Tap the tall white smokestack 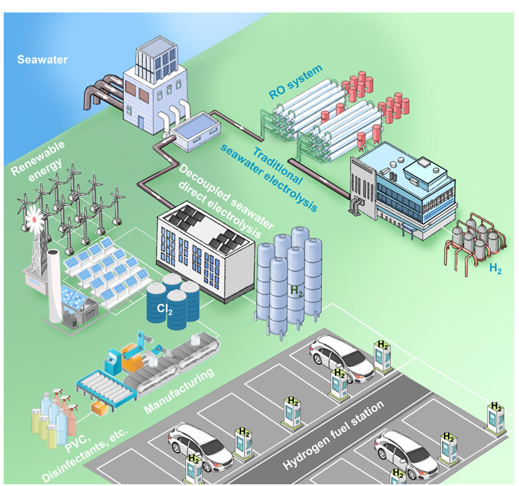pos(55,285)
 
